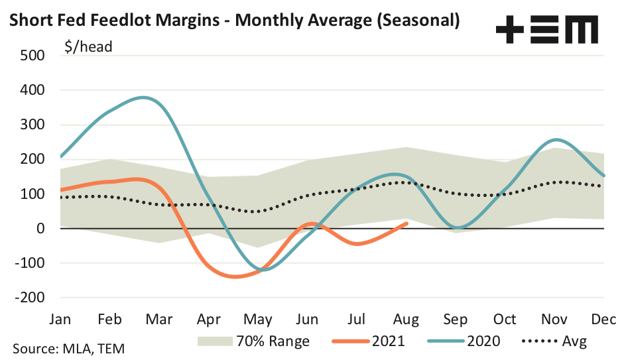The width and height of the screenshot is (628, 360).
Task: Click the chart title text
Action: (x=233, y=21)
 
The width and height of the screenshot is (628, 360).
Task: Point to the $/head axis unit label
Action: (x=88, y=46)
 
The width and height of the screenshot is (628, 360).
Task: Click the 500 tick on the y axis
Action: (x=31, y=55)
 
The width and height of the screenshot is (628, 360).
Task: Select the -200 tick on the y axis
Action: (x=28, y=298)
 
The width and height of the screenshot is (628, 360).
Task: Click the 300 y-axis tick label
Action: (x=31, y=125)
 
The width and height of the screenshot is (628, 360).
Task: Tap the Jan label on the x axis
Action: (x=61, y=320)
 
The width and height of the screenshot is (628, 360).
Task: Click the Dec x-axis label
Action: (x=603, y=320)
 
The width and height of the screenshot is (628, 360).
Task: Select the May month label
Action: (x=259, y=320)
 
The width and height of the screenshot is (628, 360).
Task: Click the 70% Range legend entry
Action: (x=253, y=341)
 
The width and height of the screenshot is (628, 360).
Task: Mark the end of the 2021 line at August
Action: (x=407, y=223)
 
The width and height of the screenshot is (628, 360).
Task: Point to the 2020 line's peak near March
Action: (x=144, y=97)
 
